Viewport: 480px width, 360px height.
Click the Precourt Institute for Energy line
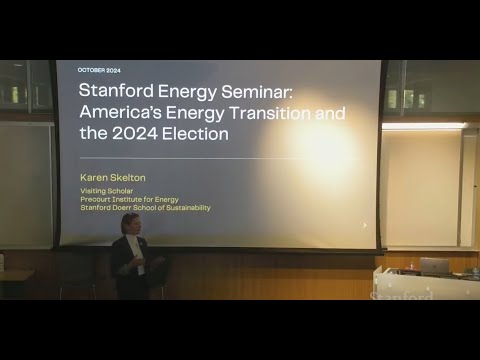click(x=130, y=199)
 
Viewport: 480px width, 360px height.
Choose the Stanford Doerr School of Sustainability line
click(x=146, y=208)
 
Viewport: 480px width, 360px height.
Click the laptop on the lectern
click(x=434, y=265)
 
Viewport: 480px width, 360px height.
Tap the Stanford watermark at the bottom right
click(x=402, y=296)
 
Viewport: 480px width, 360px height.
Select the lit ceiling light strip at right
click(x=424, y=126)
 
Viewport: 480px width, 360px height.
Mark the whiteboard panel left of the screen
click(x=25, y=185)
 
